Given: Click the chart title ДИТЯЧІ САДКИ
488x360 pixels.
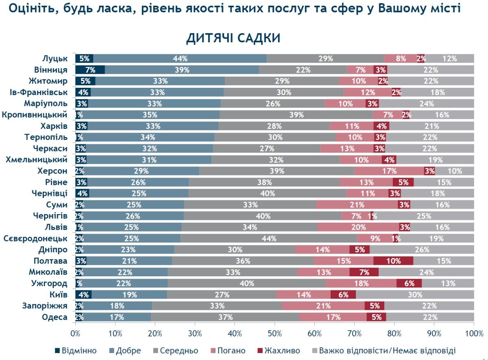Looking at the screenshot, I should click(233, 38).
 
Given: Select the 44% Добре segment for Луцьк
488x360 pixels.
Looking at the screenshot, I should click(180, 59).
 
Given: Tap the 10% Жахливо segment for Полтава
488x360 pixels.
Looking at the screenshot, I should click(393, 261).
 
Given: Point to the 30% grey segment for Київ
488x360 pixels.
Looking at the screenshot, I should click(415, 295).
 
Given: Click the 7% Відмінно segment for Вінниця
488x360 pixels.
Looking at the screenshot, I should click(90, 69).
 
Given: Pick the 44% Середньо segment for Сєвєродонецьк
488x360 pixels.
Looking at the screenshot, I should click(269, 239).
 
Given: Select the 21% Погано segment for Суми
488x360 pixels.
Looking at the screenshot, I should click(357, 205).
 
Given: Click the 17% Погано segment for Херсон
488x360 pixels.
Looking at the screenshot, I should click(389, 171).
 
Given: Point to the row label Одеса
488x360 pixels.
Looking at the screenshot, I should click(54, 317).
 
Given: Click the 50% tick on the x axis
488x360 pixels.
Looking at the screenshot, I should click(274, 334).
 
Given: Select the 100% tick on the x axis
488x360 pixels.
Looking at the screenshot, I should click(474, 334).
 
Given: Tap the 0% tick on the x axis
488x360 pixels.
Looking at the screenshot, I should click(75, 334).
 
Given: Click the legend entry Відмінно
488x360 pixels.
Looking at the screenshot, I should click(76, 351).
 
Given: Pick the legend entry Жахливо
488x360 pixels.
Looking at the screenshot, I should click(279, 351).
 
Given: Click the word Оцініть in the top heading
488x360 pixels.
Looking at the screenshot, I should click(28, 9).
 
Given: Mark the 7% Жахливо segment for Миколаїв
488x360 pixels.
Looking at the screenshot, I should click(364, 272).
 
